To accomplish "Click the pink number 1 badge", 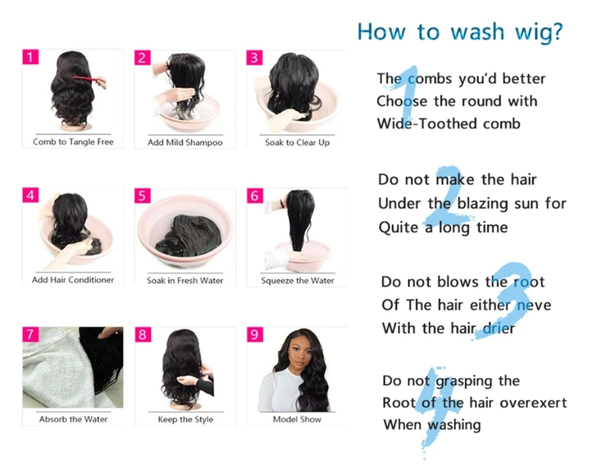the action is pyautogui.click(x=31, y=57).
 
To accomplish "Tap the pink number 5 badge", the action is pyautogui.click(x=142, y=195).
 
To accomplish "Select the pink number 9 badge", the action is pyautogui.click(x=255, y=335).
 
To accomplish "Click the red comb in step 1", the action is pyautogui.click(x=89, y=80).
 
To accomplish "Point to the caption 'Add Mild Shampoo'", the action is pyautogui.click(x=185, y=143).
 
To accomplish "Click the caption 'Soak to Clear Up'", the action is pyautogui.click(x=297, y=143).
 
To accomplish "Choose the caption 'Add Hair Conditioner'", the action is pyautogui.click(x=73, y=280).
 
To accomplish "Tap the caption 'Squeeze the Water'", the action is pyautogui.click(x=297, y=281).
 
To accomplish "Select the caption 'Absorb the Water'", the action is pyautogui.click(x=73, y=419).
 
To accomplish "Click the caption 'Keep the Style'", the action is pyautogui.click(x=186, y=420).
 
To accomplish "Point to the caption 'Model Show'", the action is pyautogui.click(x=297, y=420).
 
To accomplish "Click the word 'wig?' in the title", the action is pyautogui.click(x=539, y=32).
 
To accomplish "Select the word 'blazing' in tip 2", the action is pyautogui.click(x=483, y=204).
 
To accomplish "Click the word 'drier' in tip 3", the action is pyautogui.click(x=499, y=328).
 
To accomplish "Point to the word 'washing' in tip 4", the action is pyautogui.click(x=454, y=425).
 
